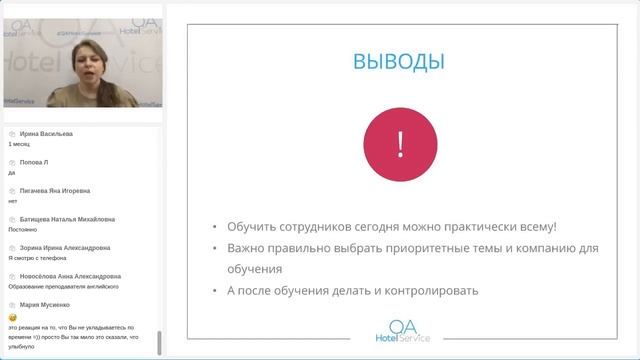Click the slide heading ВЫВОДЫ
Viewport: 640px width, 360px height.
pyautogui.click(x=399, y=62)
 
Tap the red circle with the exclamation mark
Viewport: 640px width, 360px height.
pyautogui.click(x=400, y=144)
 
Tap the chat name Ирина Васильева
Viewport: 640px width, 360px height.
pyautogui.click(x=46, y=133)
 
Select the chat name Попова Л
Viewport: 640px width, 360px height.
pyautogui.click(x=34, y=161)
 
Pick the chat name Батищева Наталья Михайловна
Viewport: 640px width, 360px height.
pyautogui.click(x=66, y=218)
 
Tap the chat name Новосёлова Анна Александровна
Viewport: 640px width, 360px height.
pyautogui.click(x=70, y=276)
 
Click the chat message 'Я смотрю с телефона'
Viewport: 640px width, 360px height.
pyautogui.click(x=44, y=258)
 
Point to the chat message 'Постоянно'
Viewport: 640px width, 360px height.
pyautogui.click(x=23, y=229)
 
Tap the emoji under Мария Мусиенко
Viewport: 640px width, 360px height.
pyautogui.click(x=12, y=316)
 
